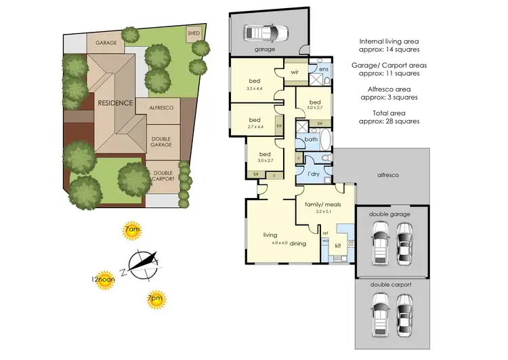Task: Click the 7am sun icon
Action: tap(132, 231)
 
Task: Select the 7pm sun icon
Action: tap(155, 298)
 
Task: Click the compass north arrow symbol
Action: tap(143, 264)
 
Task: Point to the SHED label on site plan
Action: tap(192, 32)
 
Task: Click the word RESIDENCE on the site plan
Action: tap(114, 102)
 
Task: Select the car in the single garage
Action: tap(266, 32)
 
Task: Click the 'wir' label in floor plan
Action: tap(295, 71)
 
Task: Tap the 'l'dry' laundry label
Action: tap(313, 174)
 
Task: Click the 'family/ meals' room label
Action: tap(324, 204)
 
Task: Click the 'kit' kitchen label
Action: tap(338, 246)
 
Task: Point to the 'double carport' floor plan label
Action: tap(389, 285)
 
